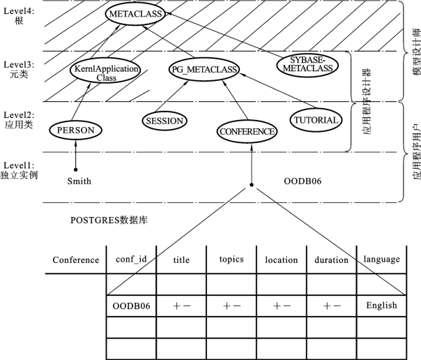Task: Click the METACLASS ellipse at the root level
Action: (x=135, y=14)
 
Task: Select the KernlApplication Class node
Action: (x=105, y=71)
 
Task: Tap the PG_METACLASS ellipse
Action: (x=204, y=70)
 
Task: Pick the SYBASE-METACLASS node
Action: (x=307, y=66)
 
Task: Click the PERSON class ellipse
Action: (x=75, y=130)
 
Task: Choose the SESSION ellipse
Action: (x=164, y=121)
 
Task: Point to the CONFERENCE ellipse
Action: (x=247, y=132)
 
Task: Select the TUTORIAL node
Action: (x=316, y=120)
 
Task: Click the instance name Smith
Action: (x=79, y=181)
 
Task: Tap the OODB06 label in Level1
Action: (x=303, y=181)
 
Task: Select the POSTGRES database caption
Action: (x=109, y=220)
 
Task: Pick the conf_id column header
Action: (x=131, y=260)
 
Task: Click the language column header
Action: (x=381, y=260)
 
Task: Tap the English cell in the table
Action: (x=381, y=306)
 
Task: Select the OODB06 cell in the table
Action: (x=131, y=306)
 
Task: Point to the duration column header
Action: (x=331, y=260)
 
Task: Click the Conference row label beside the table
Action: (x=76, y=260)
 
